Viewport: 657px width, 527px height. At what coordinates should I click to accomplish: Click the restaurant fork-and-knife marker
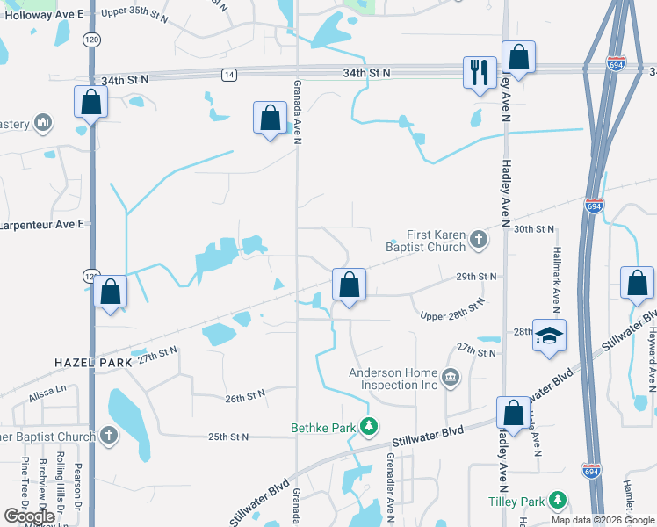tap(480, 73)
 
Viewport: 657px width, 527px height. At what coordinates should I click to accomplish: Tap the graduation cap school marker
tap(549, 337)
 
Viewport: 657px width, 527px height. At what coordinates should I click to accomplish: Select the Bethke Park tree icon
tap(370, 428)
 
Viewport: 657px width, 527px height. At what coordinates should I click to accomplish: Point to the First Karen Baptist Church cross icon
tap(478, 238)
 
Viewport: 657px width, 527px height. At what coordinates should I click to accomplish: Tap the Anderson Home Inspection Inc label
tap(393, 379)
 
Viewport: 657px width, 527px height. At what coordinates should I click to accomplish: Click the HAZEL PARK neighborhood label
tap(92, 362)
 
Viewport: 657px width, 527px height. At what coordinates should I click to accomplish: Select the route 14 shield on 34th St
tap(228, 75)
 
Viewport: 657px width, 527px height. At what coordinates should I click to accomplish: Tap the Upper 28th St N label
tap(452, 311)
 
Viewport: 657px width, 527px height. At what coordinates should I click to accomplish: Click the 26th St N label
tap(245, 397)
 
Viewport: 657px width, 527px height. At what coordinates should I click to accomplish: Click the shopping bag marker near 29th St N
tap(349, 285)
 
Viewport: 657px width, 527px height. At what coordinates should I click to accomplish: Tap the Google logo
tap(29, 516)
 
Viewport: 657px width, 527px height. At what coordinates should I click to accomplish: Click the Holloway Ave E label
tap(42, 15)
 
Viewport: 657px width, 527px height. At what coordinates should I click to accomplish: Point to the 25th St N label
tap(228, 437)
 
